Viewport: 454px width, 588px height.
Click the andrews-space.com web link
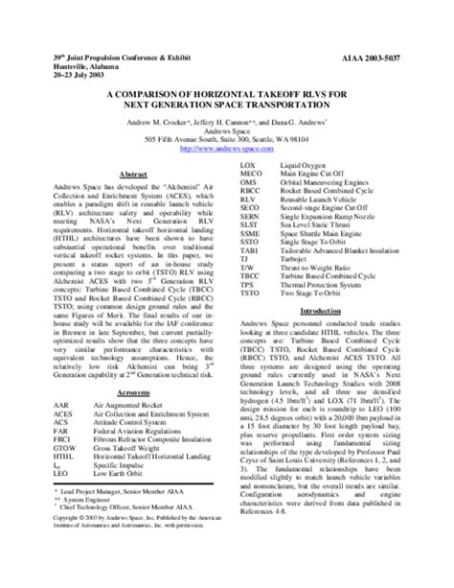pyautogui.click(x=226, y=148)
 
